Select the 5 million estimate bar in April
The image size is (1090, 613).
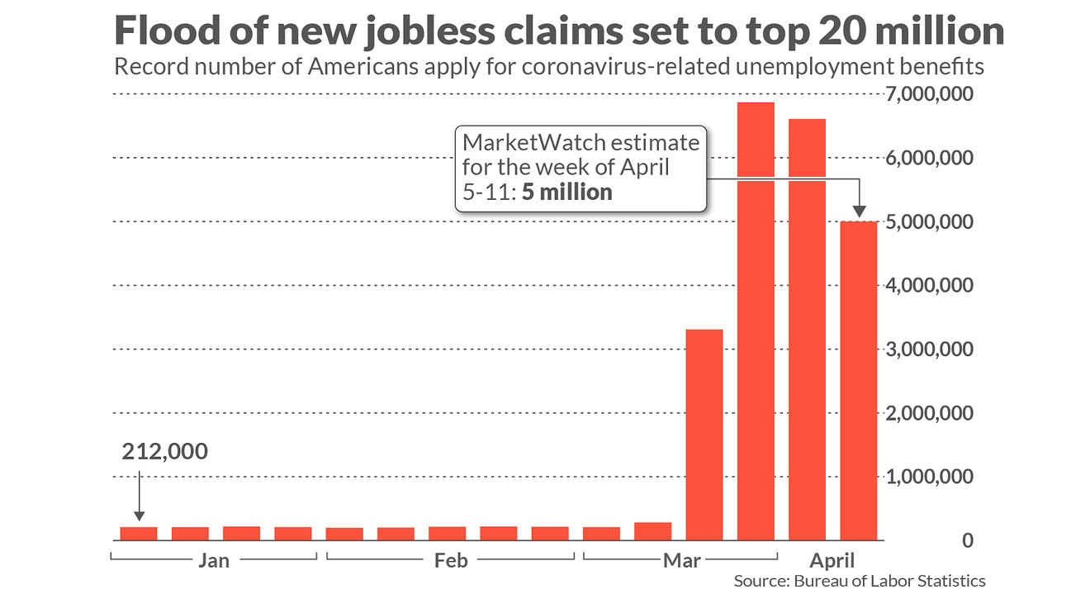pyautogui.click(x=859, y=380)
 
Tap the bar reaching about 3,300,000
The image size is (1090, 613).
pyautogui.click(x=704, y=435)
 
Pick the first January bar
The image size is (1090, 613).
pyautogui.click(x=139, y=534)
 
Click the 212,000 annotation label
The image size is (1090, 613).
pyautogui.click(x=165, y=452)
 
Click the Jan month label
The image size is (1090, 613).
pyautogui.click(x=214, y=561)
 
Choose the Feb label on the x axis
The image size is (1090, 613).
pyautogui.click(x=451, y=561)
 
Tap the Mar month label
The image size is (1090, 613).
pyautogui.click(x=681, y=561)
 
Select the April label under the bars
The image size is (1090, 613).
pyautogui.click(x=832, y=561)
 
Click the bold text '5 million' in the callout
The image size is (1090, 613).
pyautogui.click(x=567, y=192)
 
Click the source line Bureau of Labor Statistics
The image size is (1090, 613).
pyautogui.click(x=860, y=581)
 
